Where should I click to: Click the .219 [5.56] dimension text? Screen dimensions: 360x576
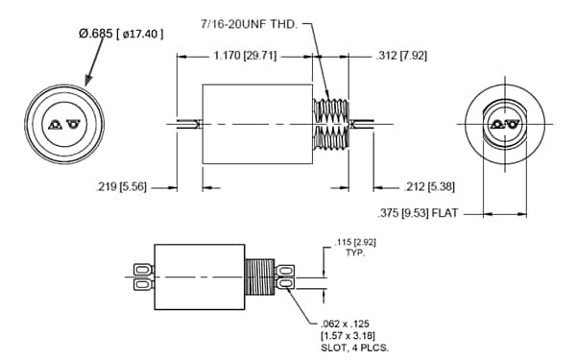click(133, 187)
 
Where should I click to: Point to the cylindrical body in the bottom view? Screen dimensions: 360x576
click(203, 276)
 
